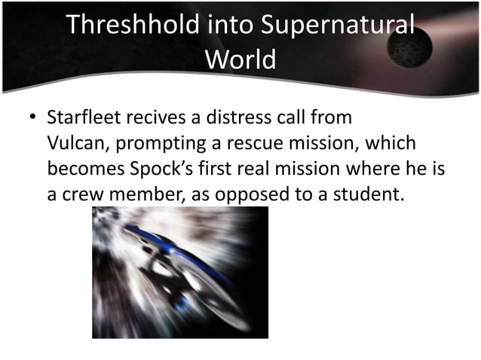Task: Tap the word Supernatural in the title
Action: click(x=337, y=26)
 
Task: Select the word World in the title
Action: click(x=240, y=59)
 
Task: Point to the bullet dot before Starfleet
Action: click(x=32, y=119)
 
